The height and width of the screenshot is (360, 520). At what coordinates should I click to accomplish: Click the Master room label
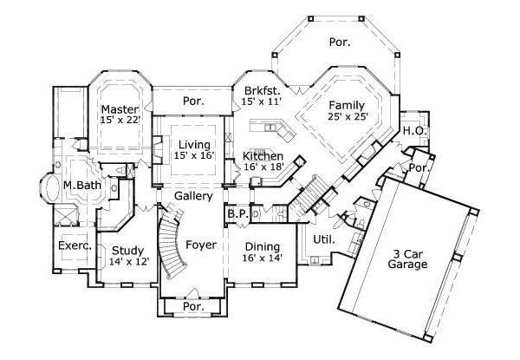[x=120, y=109]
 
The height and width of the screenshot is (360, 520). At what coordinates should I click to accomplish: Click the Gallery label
[x=194, y=198]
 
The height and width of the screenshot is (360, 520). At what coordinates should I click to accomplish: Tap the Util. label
[x=325, y=239]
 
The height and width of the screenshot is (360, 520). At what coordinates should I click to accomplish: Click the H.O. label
[x=413, y=131]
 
